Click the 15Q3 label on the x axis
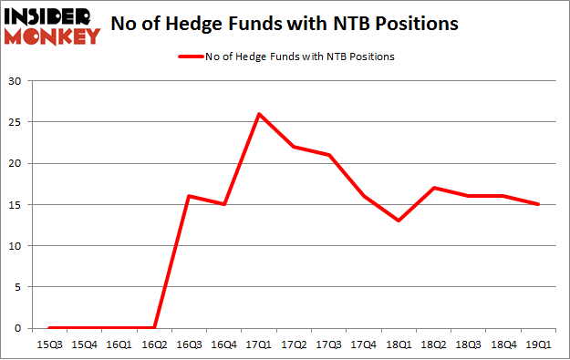[50, 344]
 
